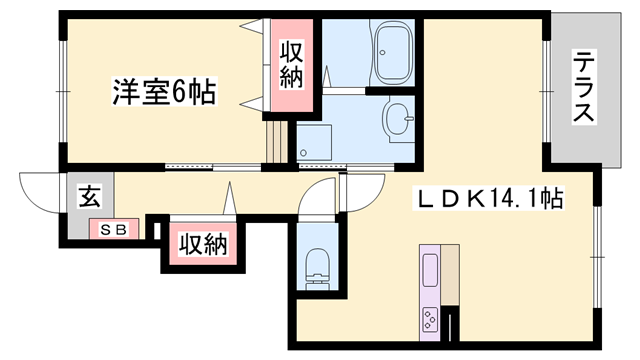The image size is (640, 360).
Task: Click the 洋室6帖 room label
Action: tap(162, 93)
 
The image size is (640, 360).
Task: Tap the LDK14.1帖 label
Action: tap(490, 199)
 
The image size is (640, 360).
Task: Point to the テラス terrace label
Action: tap(583, 87)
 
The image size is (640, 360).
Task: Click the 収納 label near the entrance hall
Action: tap(204, 242)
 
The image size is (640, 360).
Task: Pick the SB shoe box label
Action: tap(112, 229)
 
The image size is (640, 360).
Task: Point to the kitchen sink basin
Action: tap(430, 271)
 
